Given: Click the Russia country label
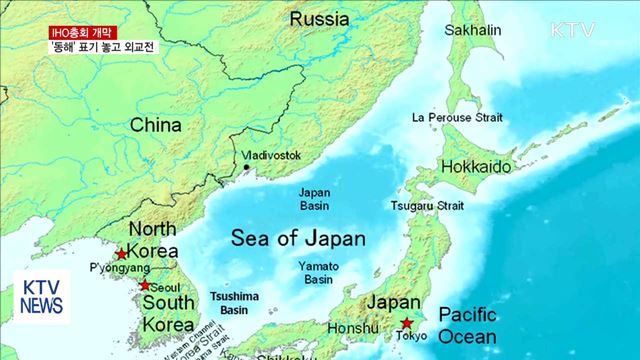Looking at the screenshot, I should click(x=319, y=19).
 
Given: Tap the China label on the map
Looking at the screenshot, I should click(x=155, y=125).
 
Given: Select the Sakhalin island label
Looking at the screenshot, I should click(x=472, y=31).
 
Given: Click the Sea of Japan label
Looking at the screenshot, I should click(x=298, y=239).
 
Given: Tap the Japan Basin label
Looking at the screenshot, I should click(x=314, y=198).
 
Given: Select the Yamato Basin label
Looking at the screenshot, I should click(x=319, y=273).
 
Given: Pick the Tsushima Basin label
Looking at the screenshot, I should click(x=236, y=303).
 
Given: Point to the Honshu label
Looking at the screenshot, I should click(x=353, y=327).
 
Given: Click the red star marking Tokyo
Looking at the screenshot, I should click(x=407, y=323).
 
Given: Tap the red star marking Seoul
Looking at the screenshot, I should click(x=145, y=285).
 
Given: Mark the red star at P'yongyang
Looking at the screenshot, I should click(x=122, y=254).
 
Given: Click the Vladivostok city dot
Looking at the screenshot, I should click(x=247, y=168).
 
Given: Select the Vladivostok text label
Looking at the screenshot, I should click(x=271, y=156).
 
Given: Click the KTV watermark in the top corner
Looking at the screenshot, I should click(x=572, y=30).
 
